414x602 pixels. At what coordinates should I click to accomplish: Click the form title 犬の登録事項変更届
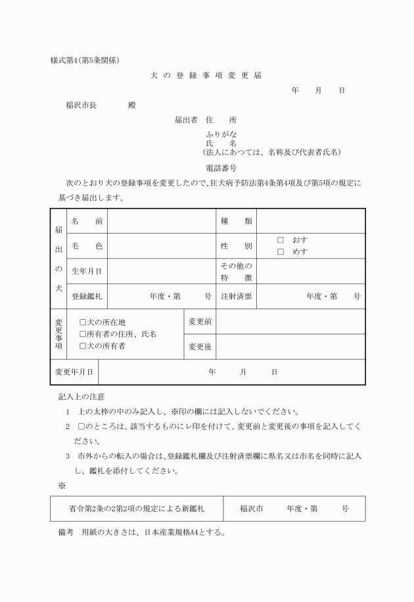tap(206, 75)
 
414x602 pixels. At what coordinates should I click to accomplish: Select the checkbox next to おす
tap(280, 240)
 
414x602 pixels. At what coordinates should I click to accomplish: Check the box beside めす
tap(280, 251)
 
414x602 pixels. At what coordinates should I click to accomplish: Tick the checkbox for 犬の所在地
tap(83, 322)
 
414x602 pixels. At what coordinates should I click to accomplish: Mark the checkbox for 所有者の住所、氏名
tap(83, 334)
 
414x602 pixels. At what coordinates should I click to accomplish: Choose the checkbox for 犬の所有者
tap(83, 345)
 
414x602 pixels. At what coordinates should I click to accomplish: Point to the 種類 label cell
tap(237, 221)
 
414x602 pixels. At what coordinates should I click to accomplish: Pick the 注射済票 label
tap(237, 296)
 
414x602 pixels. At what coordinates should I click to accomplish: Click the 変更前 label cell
tap(200, 321)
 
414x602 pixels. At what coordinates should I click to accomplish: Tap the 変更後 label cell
tap(200, 346)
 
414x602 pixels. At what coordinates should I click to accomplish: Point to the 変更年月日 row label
tap(74, 372)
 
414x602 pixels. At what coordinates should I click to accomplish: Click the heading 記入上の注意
tap(81, 397)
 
